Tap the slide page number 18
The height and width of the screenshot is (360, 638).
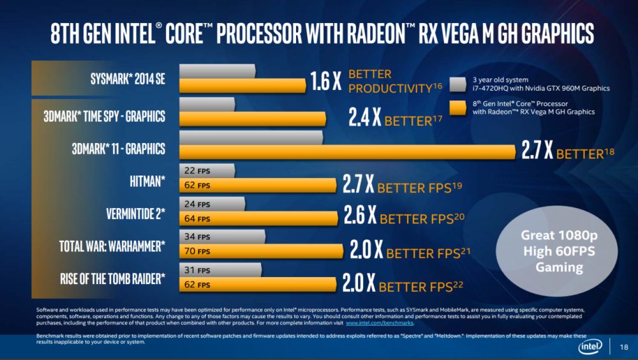[624, 347]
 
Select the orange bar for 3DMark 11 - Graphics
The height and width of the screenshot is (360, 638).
[348, 152]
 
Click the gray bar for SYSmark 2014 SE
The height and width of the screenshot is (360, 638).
[218, 71]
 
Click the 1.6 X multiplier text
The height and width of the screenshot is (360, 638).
[325, 81]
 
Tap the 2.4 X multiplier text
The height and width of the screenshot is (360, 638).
[365, 117]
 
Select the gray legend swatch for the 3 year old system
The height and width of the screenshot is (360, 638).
[457, 84]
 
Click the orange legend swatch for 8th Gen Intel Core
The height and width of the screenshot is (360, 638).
[457, 107]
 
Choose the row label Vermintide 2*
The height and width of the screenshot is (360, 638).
[136, 213]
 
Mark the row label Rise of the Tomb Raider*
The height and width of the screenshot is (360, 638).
[113, 278]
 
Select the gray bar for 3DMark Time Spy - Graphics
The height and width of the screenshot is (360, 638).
[207, 104]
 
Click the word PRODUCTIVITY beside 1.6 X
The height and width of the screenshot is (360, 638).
[390, 88]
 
